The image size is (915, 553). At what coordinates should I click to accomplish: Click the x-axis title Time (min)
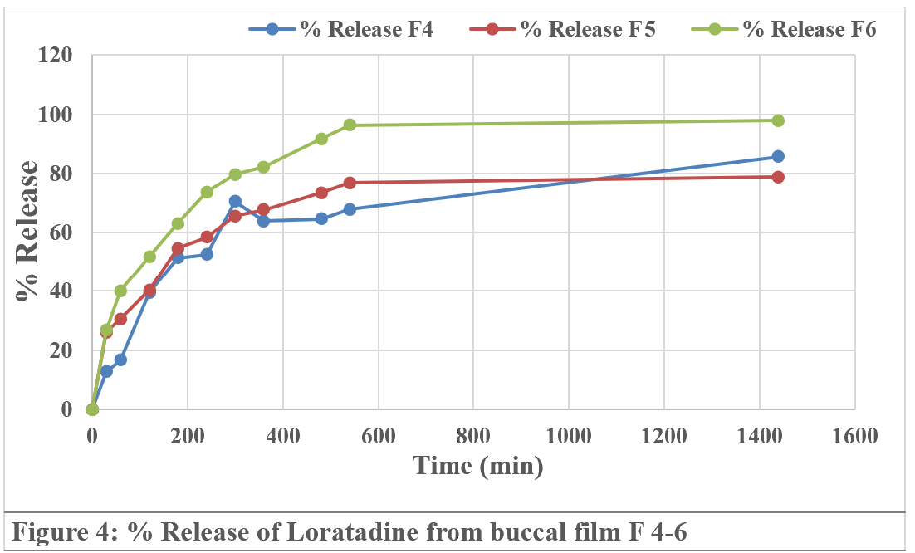[479, 465]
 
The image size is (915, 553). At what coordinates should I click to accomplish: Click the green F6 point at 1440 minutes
[778, 120]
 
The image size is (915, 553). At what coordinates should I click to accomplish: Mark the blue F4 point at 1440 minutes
[778, 156]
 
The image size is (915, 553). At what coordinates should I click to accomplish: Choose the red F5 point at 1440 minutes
[778, 177]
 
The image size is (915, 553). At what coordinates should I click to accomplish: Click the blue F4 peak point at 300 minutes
[235, 201]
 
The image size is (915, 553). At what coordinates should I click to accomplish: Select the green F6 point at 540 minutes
[350, 125]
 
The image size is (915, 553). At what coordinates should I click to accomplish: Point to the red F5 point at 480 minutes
[321, 193]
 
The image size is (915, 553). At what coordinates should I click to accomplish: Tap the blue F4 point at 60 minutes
[120, 360]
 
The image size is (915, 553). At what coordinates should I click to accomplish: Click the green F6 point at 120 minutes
[149, 257]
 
